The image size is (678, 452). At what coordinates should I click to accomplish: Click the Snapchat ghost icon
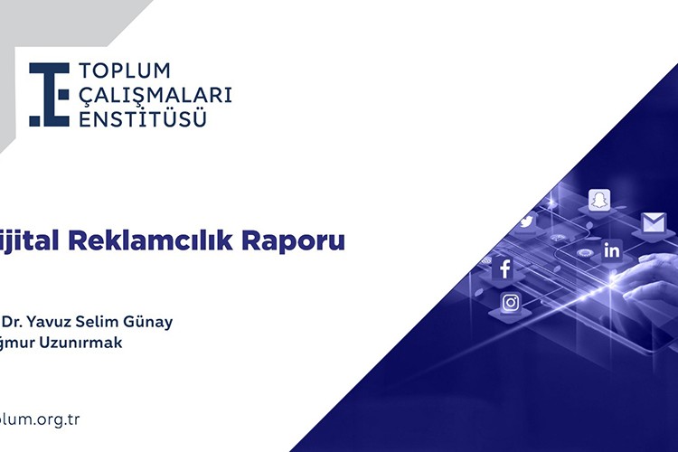598,200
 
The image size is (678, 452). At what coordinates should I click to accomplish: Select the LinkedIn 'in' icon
612,250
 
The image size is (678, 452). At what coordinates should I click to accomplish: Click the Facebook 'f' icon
504,268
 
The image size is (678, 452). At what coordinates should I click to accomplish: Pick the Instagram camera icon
511,302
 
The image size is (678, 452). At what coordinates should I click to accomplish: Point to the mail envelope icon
653,222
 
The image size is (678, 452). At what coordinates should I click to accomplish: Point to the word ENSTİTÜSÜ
142,118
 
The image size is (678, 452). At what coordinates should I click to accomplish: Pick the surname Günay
154,323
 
